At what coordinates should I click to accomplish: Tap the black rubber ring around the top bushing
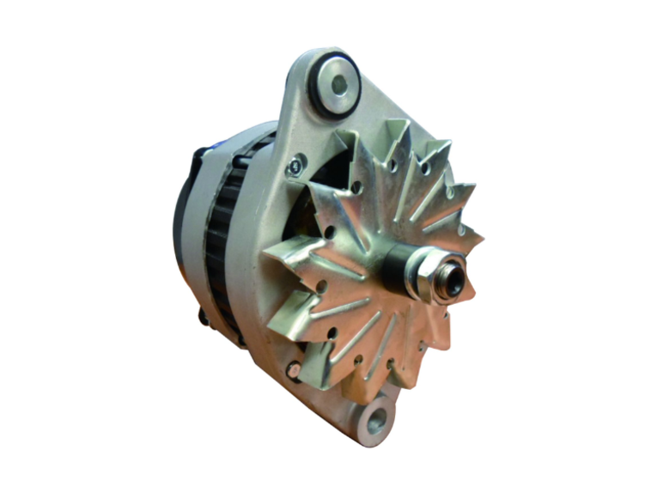(x=319, y=101)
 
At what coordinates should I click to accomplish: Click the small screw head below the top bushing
(x=296, y=161)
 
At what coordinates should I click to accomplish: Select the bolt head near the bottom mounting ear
(x=294, y=370)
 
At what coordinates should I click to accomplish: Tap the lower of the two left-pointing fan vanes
(x=283, y=309)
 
